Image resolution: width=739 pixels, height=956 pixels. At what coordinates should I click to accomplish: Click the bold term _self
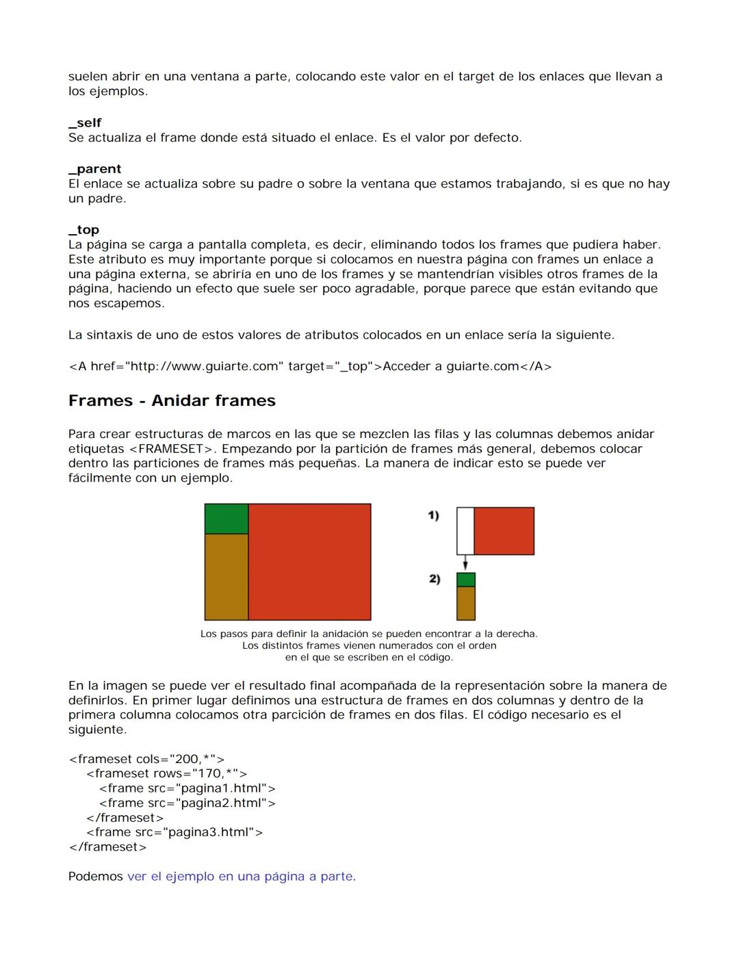coord(85,123)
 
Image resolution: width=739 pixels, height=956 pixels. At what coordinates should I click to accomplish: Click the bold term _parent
coord(94,169)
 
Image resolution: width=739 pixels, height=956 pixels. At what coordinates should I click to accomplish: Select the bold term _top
coord(83,230)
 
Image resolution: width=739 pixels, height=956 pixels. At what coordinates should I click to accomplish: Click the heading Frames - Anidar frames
coord(172,401)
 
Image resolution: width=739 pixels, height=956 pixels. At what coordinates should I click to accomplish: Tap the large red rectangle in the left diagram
coord(309,562)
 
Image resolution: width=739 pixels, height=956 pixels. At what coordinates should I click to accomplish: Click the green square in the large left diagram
coord(226,519)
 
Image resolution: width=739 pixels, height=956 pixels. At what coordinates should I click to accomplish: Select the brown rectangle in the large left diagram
coord(226,577)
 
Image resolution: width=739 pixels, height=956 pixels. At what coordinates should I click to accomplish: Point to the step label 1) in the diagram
coord(433,516)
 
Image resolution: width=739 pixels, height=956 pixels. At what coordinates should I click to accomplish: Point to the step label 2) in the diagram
coord(434,579)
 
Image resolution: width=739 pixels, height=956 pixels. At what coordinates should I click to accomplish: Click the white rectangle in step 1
coord(465,531)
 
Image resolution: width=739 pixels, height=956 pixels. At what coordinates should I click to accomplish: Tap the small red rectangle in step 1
coord(504,531)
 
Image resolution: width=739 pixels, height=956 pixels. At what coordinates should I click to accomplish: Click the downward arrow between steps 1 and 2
coord(465,563)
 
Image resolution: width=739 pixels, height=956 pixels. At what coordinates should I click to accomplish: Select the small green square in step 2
coord(466,580)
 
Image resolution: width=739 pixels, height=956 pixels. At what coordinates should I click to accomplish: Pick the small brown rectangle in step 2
coord(466,603)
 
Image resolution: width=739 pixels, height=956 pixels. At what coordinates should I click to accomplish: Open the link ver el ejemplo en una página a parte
coord(240,877)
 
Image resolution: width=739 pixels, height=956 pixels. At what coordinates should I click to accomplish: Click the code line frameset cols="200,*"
coord(146,759)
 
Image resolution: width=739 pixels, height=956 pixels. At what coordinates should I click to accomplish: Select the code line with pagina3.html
coord(174,832)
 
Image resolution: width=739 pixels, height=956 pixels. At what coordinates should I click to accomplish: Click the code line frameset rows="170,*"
coord(166,773)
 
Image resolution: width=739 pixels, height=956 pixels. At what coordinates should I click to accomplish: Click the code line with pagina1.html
coord(187,788)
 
